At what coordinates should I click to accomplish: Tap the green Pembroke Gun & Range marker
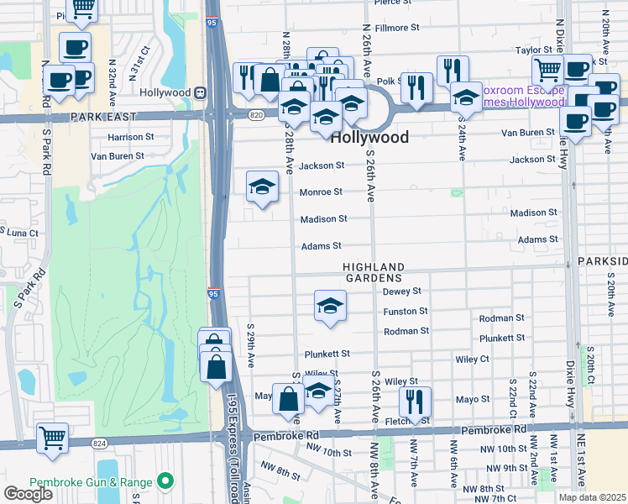[x=165, y=482]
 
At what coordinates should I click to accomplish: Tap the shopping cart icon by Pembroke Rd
[x=52, y=438]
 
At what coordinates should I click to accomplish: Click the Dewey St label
[x=401, y=291]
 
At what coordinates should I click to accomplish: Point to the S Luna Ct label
[x=19, y=231]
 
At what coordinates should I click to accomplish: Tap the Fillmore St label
[x=396, y=28]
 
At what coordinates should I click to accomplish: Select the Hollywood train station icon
[x=201, y=92]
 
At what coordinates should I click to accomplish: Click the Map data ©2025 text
[x=591, y=497]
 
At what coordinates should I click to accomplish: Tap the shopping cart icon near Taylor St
[x=548, y=71]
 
